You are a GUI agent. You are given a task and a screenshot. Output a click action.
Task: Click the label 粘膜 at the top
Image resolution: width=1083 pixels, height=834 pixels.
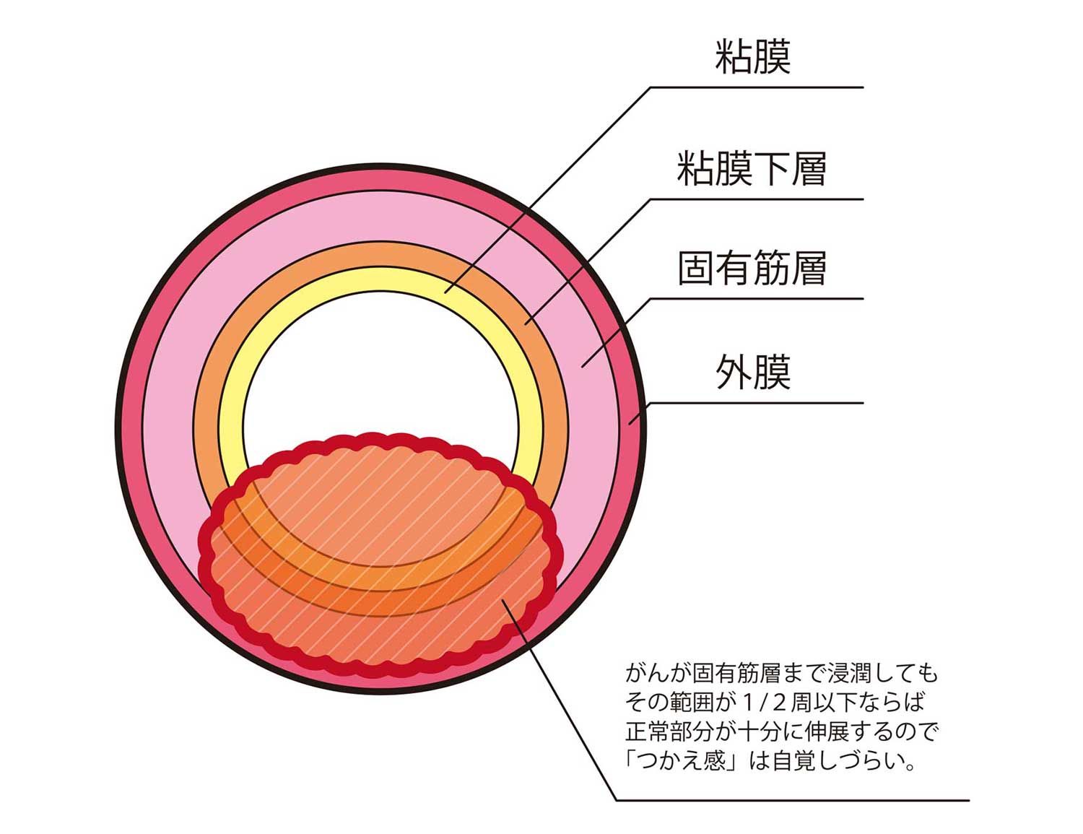[753, 58]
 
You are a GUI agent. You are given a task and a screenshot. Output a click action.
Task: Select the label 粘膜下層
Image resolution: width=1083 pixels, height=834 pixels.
[752, 170]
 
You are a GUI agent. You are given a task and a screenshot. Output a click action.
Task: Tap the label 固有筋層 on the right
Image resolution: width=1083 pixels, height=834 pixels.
[752, 269]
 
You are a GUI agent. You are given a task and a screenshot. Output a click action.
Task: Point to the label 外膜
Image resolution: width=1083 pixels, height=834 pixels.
[753, 373]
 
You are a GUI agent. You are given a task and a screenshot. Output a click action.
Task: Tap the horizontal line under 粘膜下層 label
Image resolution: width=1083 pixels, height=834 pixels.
[758, 199]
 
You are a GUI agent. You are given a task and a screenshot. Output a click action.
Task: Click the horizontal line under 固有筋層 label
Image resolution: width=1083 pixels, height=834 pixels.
[758, 298]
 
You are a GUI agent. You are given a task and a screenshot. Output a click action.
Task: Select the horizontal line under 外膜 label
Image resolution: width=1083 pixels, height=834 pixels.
[758, 403]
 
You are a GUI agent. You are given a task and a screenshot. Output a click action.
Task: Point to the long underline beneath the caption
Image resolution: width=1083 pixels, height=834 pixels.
[794, 800]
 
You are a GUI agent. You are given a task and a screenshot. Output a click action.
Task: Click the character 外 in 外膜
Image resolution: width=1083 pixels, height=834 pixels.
[734, 373]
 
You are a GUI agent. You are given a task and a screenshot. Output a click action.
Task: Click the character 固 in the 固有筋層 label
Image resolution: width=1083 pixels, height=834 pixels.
[696, 269]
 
